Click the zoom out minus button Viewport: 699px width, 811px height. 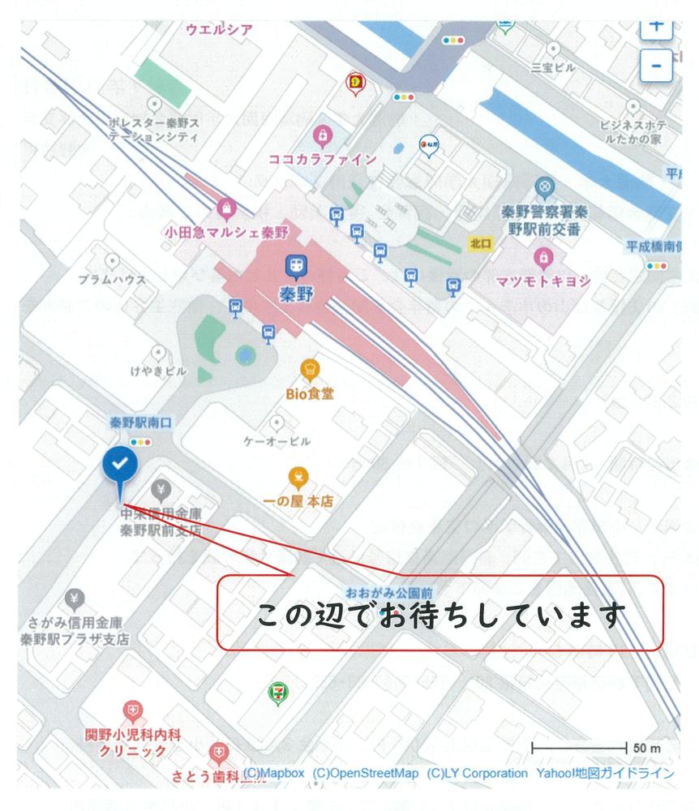[x=655, y=64]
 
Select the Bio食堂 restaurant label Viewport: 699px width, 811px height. [x=310, y=394]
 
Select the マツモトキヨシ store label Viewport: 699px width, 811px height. [x=543, y=281]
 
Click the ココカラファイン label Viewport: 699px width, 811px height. [x=322, y=159]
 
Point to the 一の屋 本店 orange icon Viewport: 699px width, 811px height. [x=298, y=476]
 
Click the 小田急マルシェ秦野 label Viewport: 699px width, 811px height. [x=228, y=230]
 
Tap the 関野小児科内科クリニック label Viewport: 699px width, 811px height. [x=133, y=743]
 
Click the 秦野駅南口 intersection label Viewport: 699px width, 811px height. [x=142, y=423]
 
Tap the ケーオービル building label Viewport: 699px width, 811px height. [x=277, y=442]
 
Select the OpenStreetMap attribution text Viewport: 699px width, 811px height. [x=366, y=773]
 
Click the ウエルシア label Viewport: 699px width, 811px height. [x=219, y=30]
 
